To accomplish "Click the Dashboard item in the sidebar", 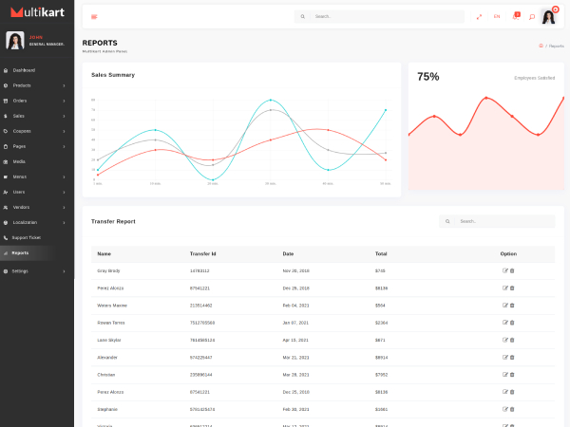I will point(24,70).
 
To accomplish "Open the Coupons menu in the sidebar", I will point(22,131).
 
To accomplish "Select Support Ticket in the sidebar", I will point(27,237).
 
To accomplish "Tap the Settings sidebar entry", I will point(21,271).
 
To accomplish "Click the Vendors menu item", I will point(21,207).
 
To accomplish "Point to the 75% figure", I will point(428,77).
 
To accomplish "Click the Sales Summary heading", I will point(113,75).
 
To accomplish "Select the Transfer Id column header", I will point(203,254).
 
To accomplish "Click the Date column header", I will point(288,254).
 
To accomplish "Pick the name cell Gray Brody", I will point(108,270).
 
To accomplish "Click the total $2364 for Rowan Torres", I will point(381,323).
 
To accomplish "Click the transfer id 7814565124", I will point(202,340).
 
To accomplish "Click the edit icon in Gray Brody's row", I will point(504,270).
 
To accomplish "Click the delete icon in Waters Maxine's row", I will point(512,306).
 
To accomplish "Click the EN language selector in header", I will point(497,16).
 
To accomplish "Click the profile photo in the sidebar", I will point(15,40).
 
